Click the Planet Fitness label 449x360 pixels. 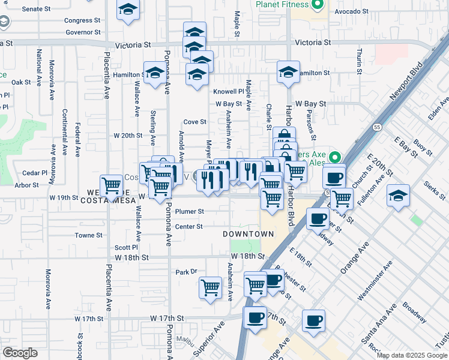pos(282,4)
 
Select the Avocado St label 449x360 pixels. pos(351,11)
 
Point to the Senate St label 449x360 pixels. pos(37,9)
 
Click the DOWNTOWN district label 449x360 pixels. pos(248,234)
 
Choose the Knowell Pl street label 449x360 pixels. pos(229,92)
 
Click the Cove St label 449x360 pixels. pos(194,122)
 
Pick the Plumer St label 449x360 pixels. pos(190,211)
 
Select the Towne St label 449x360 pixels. pos(88,236)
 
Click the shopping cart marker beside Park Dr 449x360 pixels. pos(210,288)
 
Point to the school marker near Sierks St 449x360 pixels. pos(398,196)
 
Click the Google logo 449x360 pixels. pos(20,353)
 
